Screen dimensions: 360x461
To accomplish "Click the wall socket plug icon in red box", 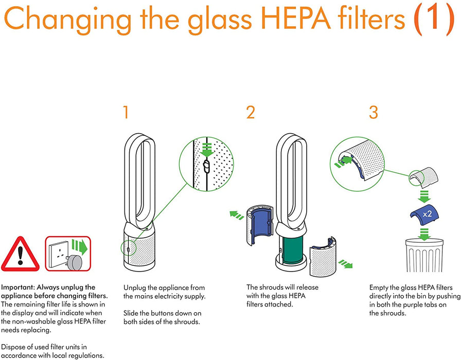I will point(67,254).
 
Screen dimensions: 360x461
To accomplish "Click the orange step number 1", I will point(126,112).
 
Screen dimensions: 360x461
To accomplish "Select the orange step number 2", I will point(250,112).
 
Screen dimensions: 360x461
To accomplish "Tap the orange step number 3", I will point(374,112).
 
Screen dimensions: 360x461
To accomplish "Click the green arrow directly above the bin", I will point(423,235).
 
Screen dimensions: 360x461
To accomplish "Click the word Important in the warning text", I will point(18,287).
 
